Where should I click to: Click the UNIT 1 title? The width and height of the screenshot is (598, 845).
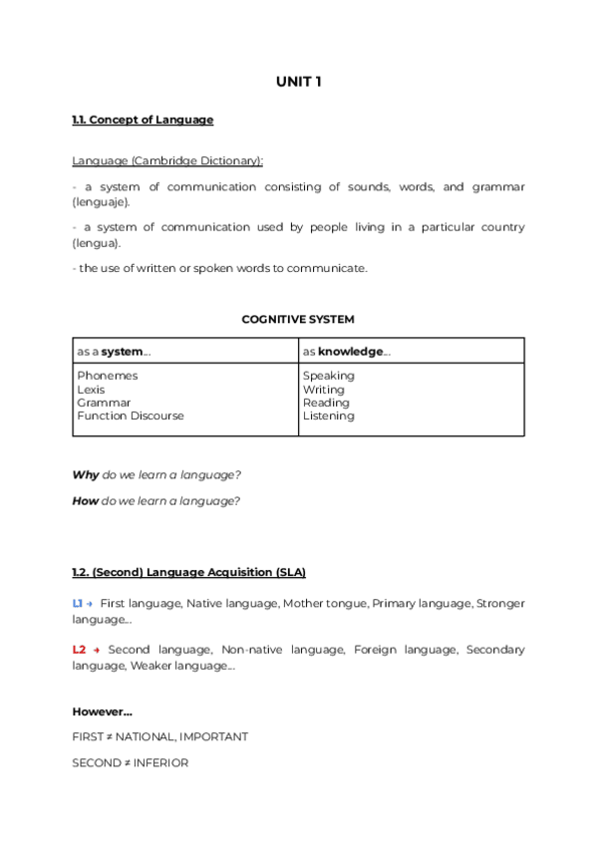(298, 82)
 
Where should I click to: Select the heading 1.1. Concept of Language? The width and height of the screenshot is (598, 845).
(143, 120)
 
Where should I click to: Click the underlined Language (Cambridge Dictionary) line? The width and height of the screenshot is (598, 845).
(167, 160)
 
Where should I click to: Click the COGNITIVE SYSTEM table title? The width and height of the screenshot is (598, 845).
(298, 320)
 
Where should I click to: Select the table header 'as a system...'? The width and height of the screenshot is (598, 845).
(114, 352)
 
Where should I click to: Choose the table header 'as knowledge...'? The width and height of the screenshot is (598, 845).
(346, 352)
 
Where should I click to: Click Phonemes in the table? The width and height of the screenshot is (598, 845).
(107, 376)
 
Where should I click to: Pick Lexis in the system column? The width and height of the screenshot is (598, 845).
(91, 390)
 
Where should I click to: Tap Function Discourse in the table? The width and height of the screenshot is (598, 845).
(130, 417)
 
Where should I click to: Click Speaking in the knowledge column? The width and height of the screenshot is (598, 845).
(328, 376)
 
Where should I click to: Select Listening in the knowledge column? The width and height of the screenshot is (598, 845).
(328, 417)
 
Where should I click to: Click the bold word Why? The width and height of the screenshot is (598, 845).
(86, 475)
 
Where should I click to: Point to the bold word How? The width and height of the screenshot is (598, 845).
(85, 501)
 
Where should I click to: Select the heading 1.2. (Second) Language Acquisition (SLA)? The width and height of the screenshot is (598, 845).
(188, 572)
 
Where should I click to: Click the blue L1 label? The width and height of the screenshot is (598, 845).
(78, 603)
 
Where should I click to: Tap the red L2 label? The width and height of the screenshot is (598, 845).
(79, 650)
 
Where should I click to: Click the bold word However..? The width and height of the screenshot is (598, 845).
(102, 711)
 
